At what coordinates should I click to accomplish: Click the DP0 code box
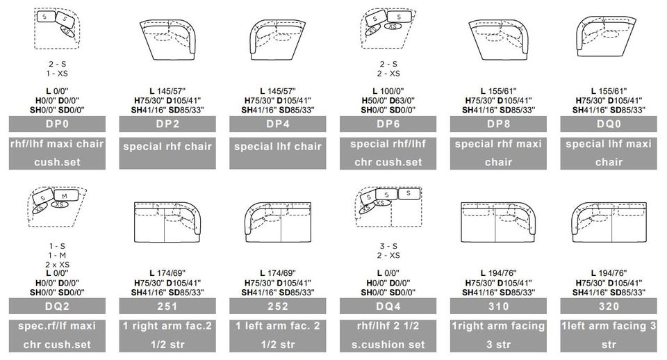(57, 124)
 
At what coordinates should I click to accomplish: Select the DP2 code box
(167, 124)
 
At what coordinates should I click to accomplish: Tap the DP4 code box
(278, 124)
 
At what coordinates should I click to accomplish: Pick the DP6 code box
(388, 124)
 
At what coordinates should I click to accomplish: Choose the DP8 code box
(498, 124)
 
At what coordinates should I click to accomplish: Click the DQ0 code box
(609, 124)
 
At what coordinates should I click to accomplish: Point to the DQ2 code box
(57, 306)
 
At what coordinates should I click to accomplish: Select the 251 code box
(167, 306)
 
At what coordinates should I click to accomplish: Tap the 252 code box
(278, 306)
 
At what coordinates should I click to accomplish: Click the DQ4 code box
(388, 306)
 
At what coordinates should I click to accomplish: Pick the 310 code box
(498, 306)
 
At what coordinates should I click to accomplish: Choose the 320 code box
(609, 306)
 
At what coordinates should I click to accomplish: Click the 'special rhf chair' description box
(167, 153)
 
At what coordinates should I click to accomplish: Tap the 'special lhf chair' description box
(278, 153)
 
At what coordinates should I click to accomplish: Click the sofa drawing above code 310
(498, 222)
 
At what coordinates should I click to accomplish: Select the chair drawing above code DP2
(167, 40)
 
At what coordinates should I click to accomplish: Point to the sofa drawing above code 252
(278, 222)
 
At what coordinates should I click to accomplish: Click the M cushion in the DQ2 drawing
(65, 196)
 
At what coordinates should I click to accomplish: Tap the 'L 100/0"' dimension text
(388, 91)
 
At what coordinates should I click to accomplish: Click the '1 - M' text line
(57, 255)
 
